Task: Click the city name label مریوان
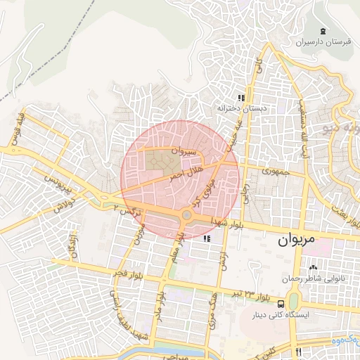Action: pyautogui.click(x=293, y=240)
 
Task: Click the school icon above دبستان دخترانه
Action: pyautogui.click(x=241, y=98)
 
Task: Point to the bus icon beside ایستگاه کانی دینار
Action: pyautogui.click(x=281, y=304)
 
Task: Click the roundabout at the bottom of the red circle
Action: pyautogui.click(x=187, y=215)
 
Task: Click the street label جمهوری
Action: pyautogui.click(x=276, y=170)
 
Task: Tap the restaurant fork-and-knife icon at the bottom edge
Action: pyautogui.click(x=299, y=352)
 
